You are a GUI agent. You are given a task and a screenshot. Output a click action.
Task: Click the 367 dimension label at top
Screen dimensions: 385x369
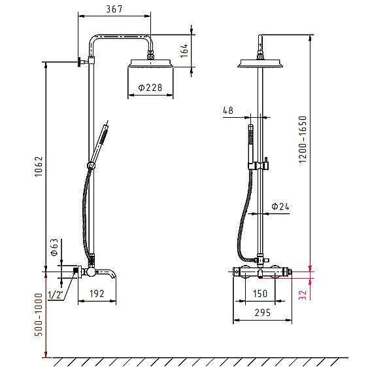point(114,9)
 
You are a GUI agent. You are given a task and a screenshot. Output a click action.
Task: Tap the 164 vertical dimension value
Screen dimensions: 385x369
point(184,50)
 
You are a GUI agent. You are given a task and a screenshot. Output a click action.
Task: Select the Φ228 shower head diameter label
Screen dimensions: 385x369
point(150,88)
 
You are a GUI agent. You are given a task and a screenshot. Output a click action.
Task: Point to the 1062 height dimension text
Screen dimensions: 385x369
point(39,166)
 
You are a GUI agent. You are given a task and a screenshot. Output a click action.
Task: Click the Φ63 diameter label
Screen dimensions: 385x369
point(54,247)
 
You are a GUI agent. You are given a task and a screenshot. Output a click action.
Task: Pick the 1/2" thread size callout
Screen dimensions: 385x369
point(56,295)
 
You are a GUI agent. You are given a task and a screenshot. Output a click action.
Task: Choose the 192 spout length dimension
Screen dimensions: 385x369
point(97,294)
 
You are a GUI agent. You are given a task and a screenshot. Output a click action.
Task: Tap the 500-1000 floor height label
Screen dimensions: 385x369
point(39,314)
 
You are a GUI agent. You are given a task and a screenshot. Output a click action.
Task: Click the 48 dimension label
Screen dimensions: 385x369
point(228,111)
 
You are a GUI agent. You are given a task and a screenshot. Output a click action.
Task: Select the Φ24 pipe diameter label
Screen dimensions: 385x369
point(280,206)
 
